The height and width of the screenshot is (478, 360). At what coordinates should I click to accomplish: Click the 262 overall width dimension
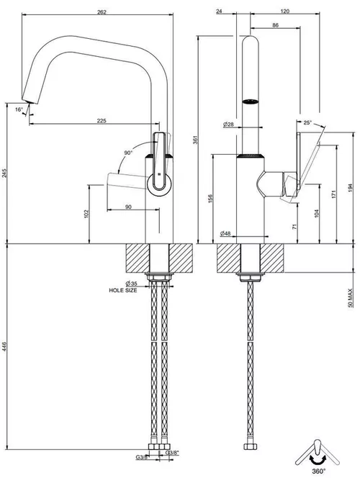(102, 12)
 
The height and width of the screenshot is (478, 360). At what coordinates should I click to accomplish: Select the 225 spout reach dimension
(102, 121)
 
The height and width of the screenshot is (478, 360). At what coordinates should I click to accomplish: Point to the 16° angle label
(19, 109)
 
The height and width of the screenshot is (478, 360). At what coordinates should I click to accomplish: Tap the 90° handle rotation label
(128, 153)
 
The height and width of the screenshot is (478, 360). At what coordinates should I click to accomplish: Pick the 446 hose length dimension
(4, 346)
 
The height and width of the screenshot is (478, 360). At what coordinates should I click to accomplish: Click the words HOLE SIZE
(123, 291)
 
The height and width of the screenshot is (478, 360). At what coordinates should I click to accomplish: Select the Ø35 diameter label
(131, 284)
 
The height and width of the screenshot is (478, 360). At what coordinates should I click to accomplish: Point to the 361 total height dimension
(196, 140)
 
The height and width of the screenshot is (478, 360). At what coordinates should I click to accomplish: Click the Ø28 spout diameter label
(228, 124)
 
